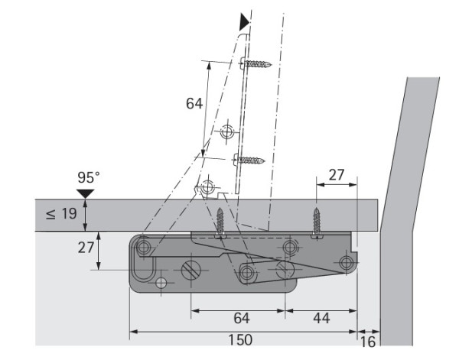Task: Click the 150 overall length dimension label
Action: tap(240, 340)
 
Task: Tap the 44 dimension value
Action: tap(321, 318)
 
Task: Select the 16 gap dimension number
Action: tap(368, 342)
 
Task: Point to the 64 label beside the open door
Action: tap(194, 103)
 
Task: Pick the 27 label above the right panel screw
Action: tap(337, 175)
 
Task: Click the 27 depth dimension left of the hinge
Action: tap(86, 248)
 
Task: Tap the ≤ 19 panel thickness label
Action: tap(61, 214)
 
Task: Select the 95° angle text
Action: tap(89, 177)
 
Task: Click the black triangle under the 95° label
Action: tap(85, 193)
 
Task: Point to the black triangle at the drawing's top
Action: tap(244, 21)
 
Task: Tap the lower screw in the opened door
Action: tap(249, 160)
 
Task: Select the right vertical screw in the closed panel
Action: tap(317, 223)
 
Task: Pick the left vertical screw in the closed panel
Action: tap(220, 223)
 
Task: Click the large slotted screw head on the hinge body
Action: tap(190, 270)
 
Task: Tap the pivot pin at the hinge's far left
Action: tap(144, 248)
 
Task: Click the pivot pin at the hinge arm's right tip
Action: tap(347, 262)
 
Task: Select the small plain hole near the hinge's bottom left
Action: tap(161, 283)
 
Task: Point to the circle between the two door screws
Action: tap(227, 131)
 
